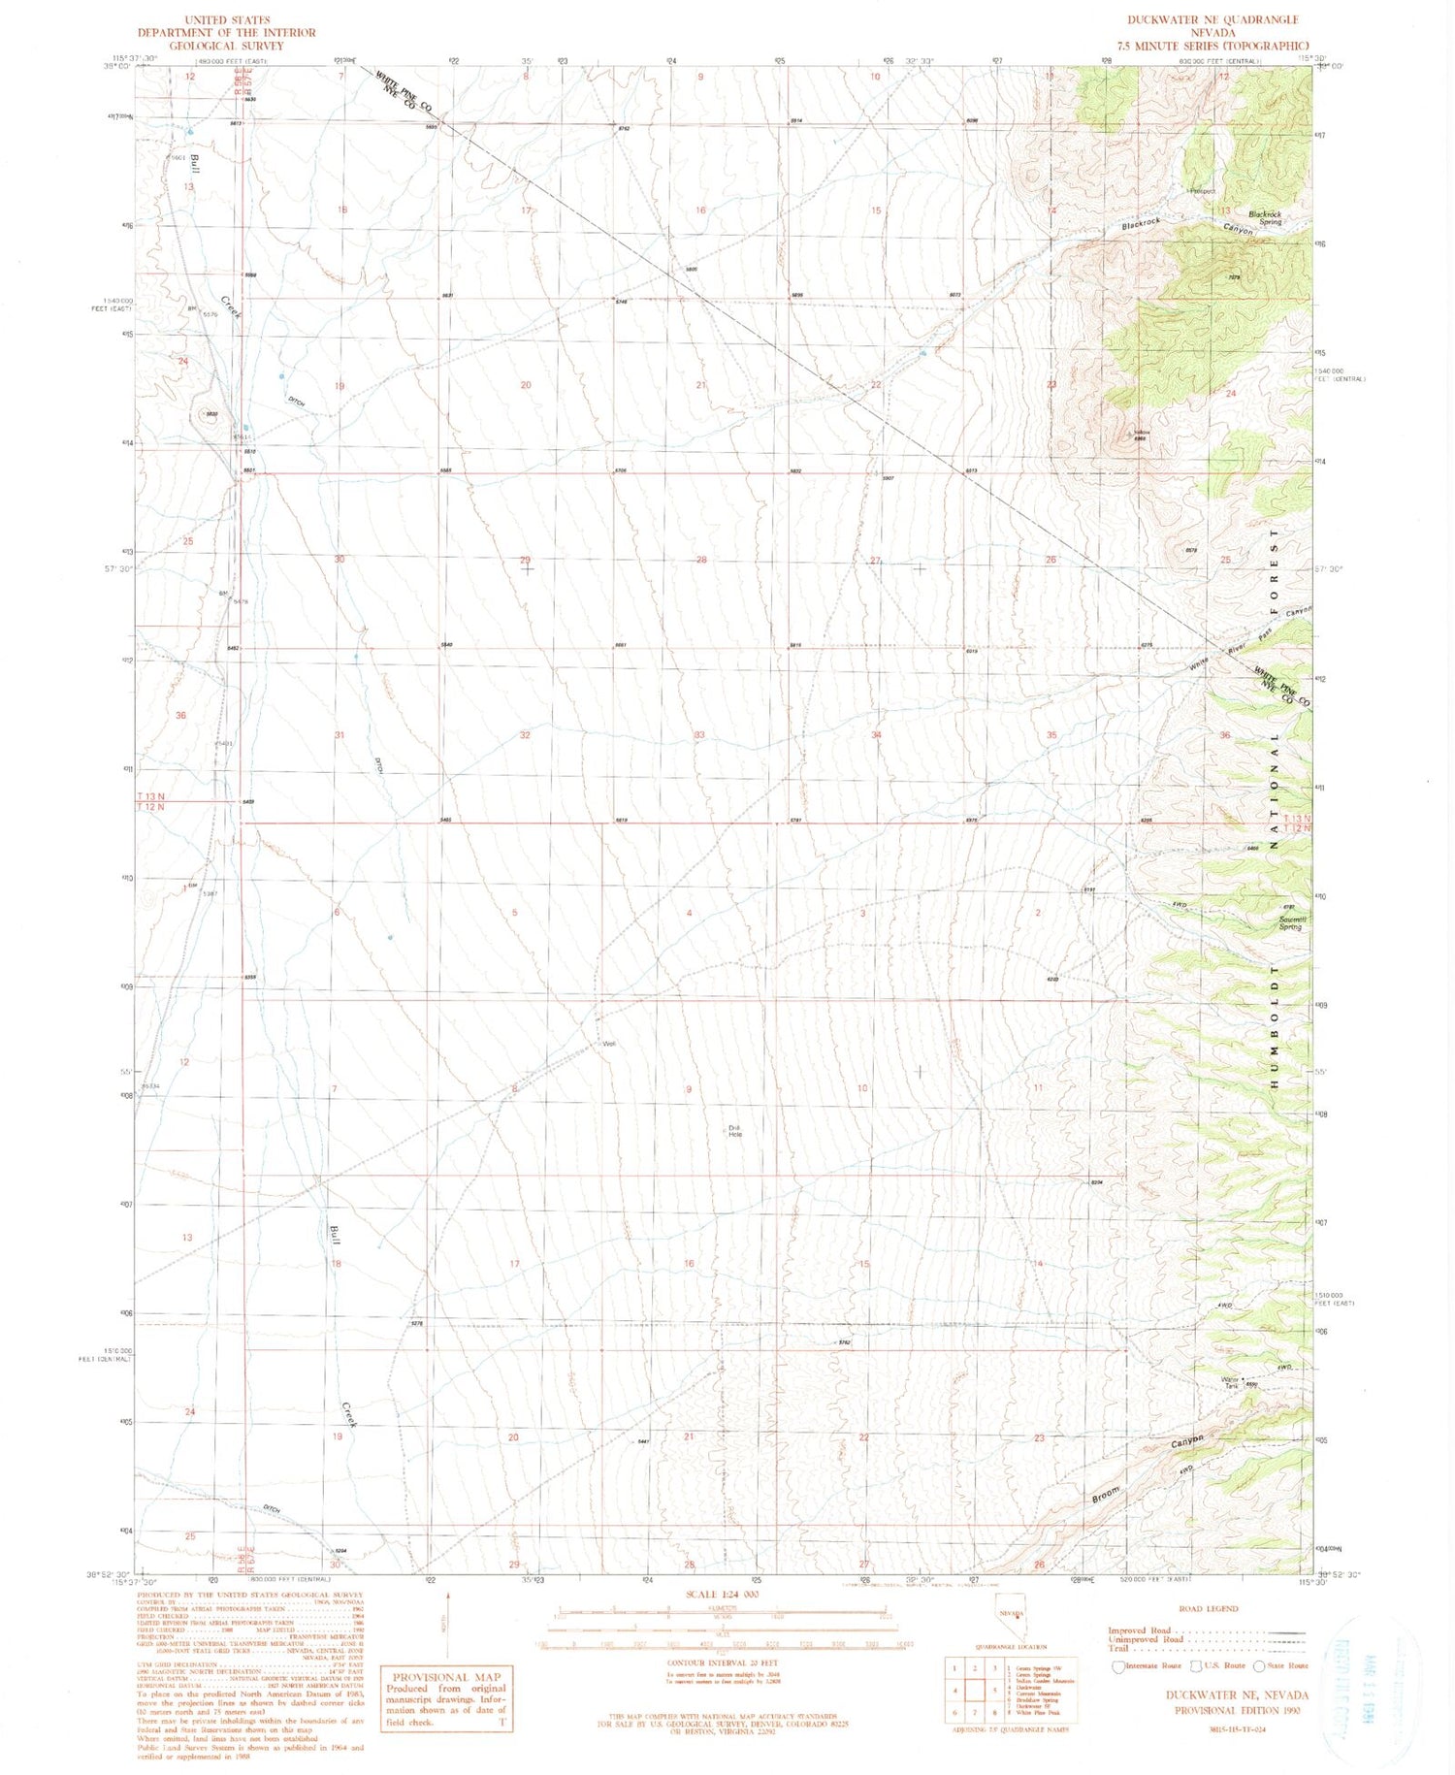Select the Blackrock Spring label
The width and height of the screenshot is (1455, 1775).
click(1265, 218)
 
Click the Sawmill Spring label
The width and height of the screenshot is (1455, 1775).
click(1291, 922)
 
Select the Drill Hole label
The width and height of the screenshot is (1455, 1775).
click(734, 1130)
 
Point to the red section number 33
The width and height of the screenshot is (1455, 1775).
click(699, 735)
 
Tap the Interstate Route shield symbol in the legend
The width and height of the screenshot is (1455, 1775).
click(1118, 1666)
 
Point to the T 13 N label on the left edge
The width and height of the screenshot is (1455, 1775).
click(150, 796)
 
